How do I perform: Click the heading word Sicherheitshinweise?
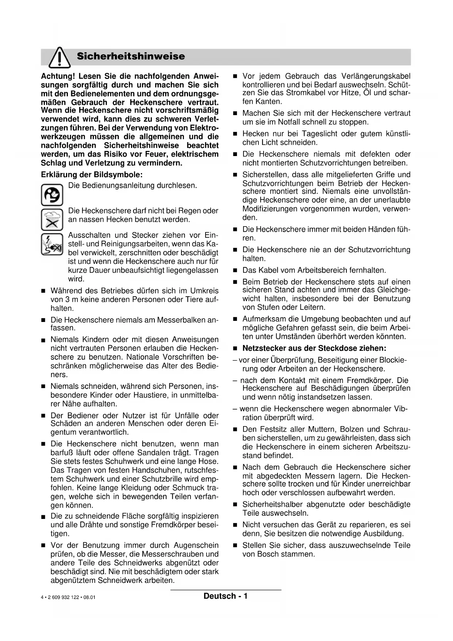131,56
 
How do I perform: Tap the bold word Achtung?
58,76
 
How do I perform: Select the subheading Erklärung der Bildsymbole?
92,175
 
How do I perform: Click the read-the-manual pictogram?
52,195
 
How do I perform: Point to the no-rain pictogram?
52,219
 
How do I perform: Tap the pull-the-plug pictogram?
52,244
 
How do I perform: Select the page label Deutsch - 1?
226,596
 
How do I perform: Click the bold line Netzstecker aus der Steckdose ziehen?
314,348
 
